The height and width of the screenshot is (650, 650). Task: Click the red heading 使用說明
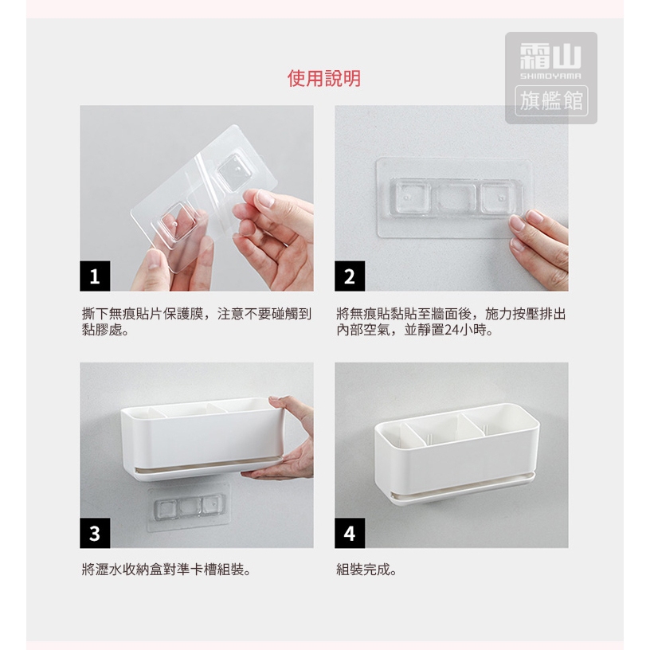[324, 78]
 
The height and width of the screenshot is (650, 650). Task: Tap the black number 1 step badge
[95, 276]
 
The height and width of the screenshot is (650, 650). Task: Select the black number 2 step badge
[350, 276]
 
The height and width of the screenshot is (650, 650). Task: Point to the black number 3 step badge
[95, 533]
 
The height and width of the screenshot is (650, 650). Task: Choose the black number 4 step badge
[350, 533]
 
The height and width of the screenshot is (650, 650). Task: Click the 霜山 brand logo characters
[551, 57]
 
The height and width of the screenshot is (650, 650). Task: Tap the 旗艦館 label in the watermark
[551, 100]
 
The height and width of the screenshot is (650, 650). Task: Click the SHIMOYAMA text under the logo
[551, 76]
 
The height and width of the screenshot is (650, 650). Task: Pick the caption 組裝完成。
[366, 570]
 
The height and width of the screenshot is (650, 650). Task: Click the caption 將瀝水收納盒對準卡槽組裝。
[166, 570]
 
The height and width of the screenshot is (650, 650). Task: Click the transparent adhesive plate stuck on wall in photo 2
[455, 198]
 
